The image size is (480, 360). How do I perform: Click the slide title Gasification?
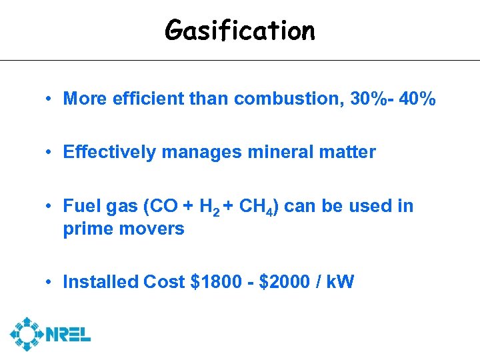240,30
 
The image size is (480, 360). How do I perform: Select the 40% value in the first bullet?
418,99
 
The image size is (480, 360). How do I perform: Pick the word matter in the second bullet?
347,153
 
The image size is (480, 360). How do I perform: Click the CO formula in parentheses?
163,206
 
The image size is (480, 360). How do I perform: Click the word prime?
85,229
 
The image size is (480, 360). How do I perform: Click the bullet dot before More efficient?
50,100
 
